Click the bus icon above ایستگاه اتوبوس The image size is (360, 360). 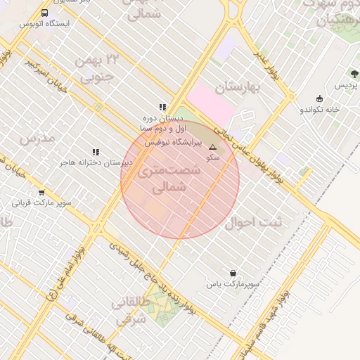(45, 13)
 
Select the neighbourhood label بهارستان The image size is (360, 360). (238, 88)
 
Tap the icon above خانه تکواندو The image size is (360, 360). (320, 98)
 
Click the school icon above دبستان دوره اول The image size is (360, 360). (162, 108)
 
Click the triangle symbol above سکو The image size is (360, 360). (212, 148)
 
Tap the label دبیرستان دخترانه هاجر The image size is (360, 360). (96, 163)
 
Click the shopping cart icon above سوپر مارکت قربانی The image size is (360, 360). (41, 193)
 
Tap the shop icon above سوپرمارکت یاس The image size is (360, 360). (233, 273)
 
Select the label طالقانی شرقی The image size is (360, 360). (129, 311)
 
